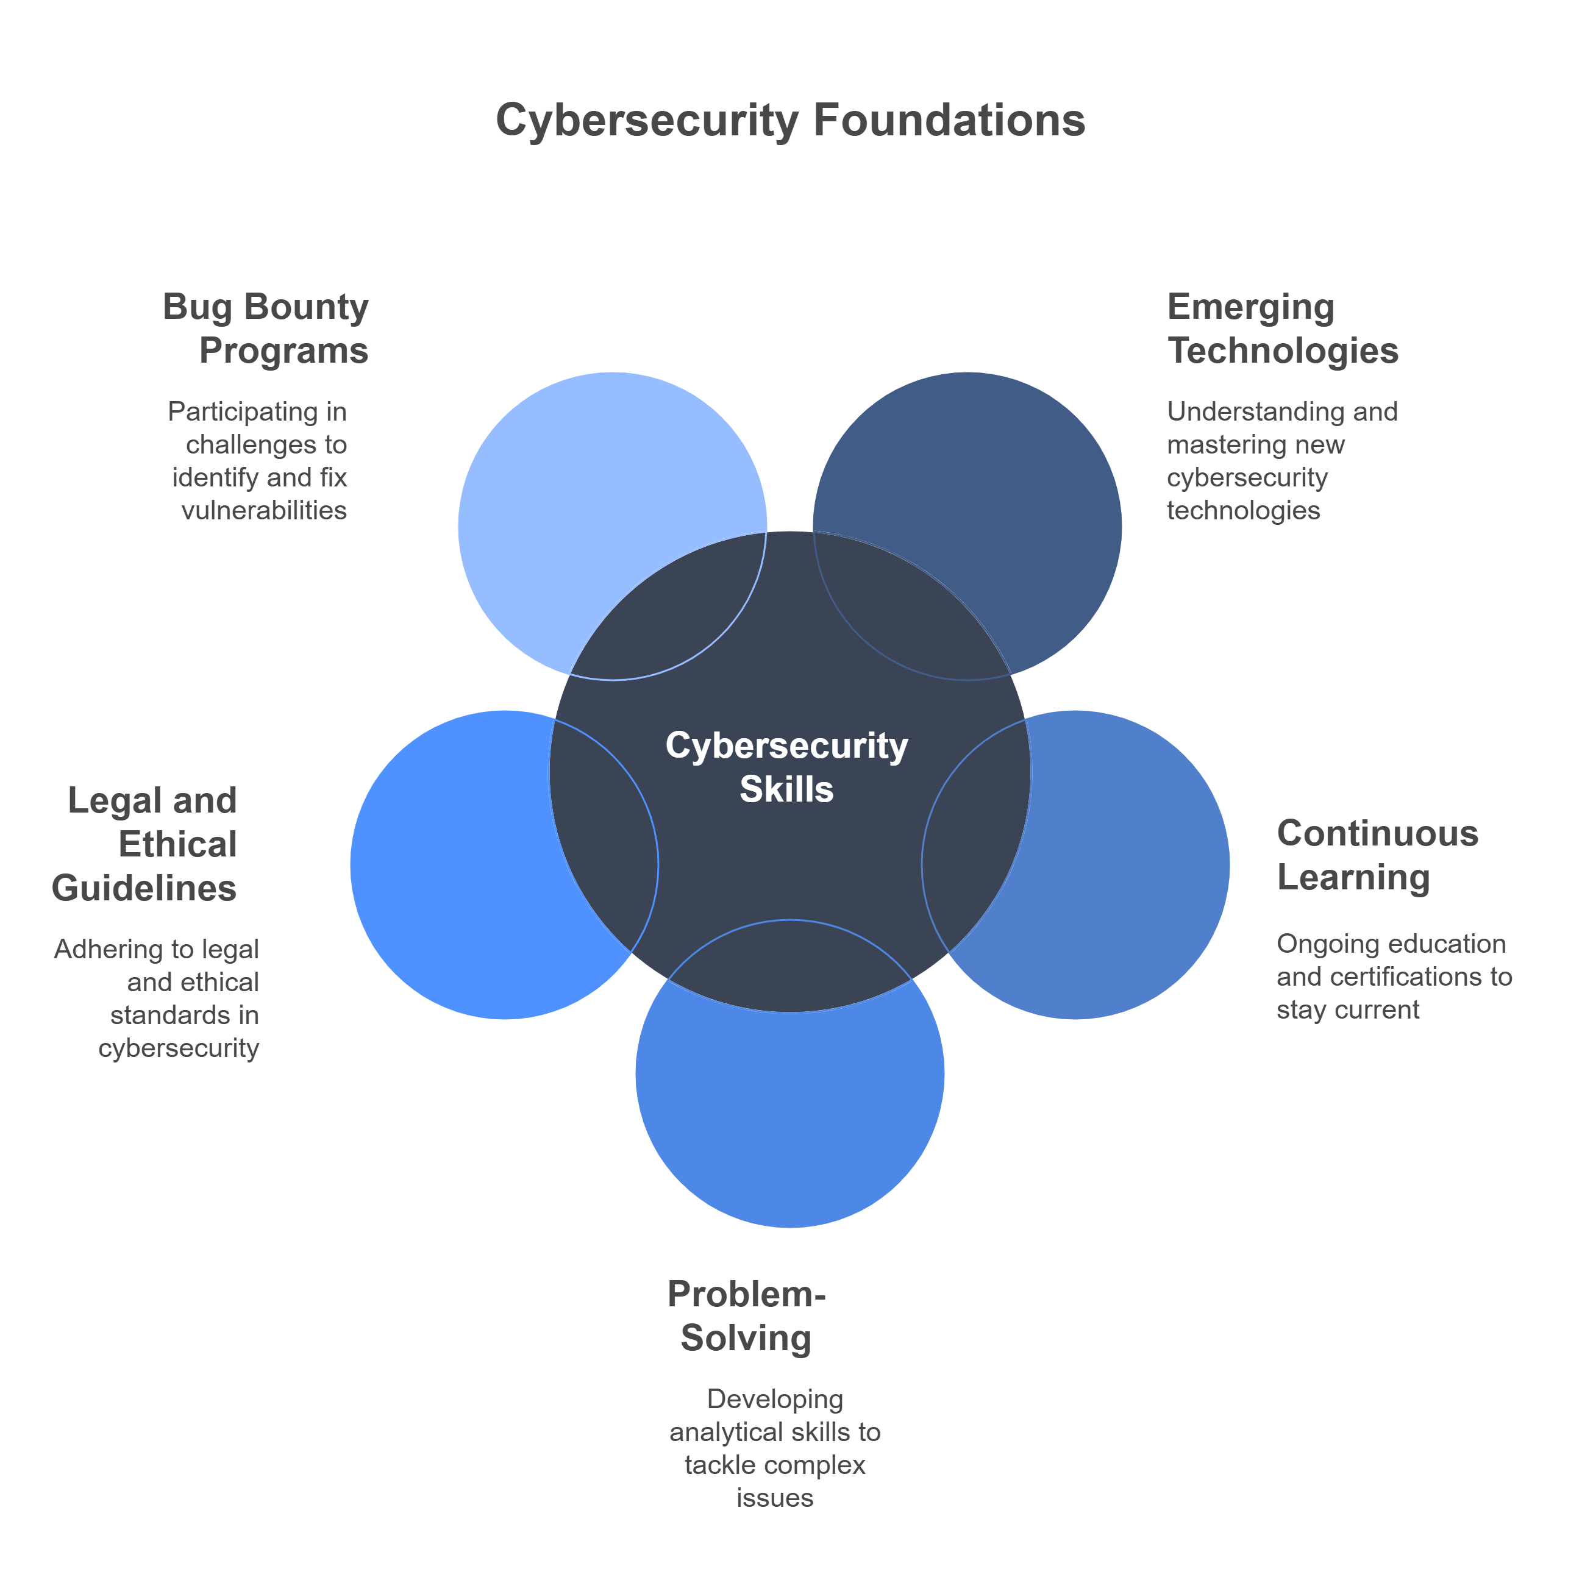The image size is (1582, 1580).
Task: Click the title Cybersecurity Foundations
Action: (790, 120)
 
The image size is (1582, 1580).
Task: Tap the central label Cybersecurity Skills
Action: (786, 767)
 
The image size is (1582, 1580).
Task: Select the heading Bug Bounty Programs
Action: (266, 329)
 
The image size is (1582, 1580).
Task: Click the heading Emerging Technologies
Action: (1281, 329)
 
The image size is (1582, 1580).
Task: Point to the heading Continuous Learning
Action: (1377, 855)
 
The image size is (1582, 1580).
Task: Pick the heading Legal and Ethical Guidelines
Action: (145, 844)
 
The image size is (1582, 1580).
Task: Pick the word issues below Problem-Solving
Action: (775, 1497)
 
